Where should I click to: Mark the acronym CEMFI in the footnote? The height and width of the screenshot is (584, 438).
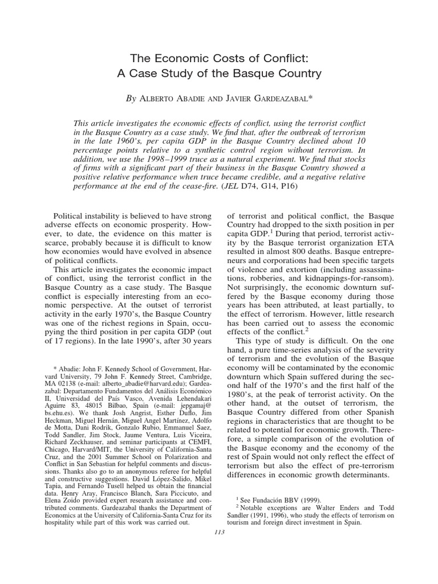[x=197, y=448]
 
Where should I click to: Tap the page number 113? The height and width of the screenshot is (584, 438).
[x=219, y=532]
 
